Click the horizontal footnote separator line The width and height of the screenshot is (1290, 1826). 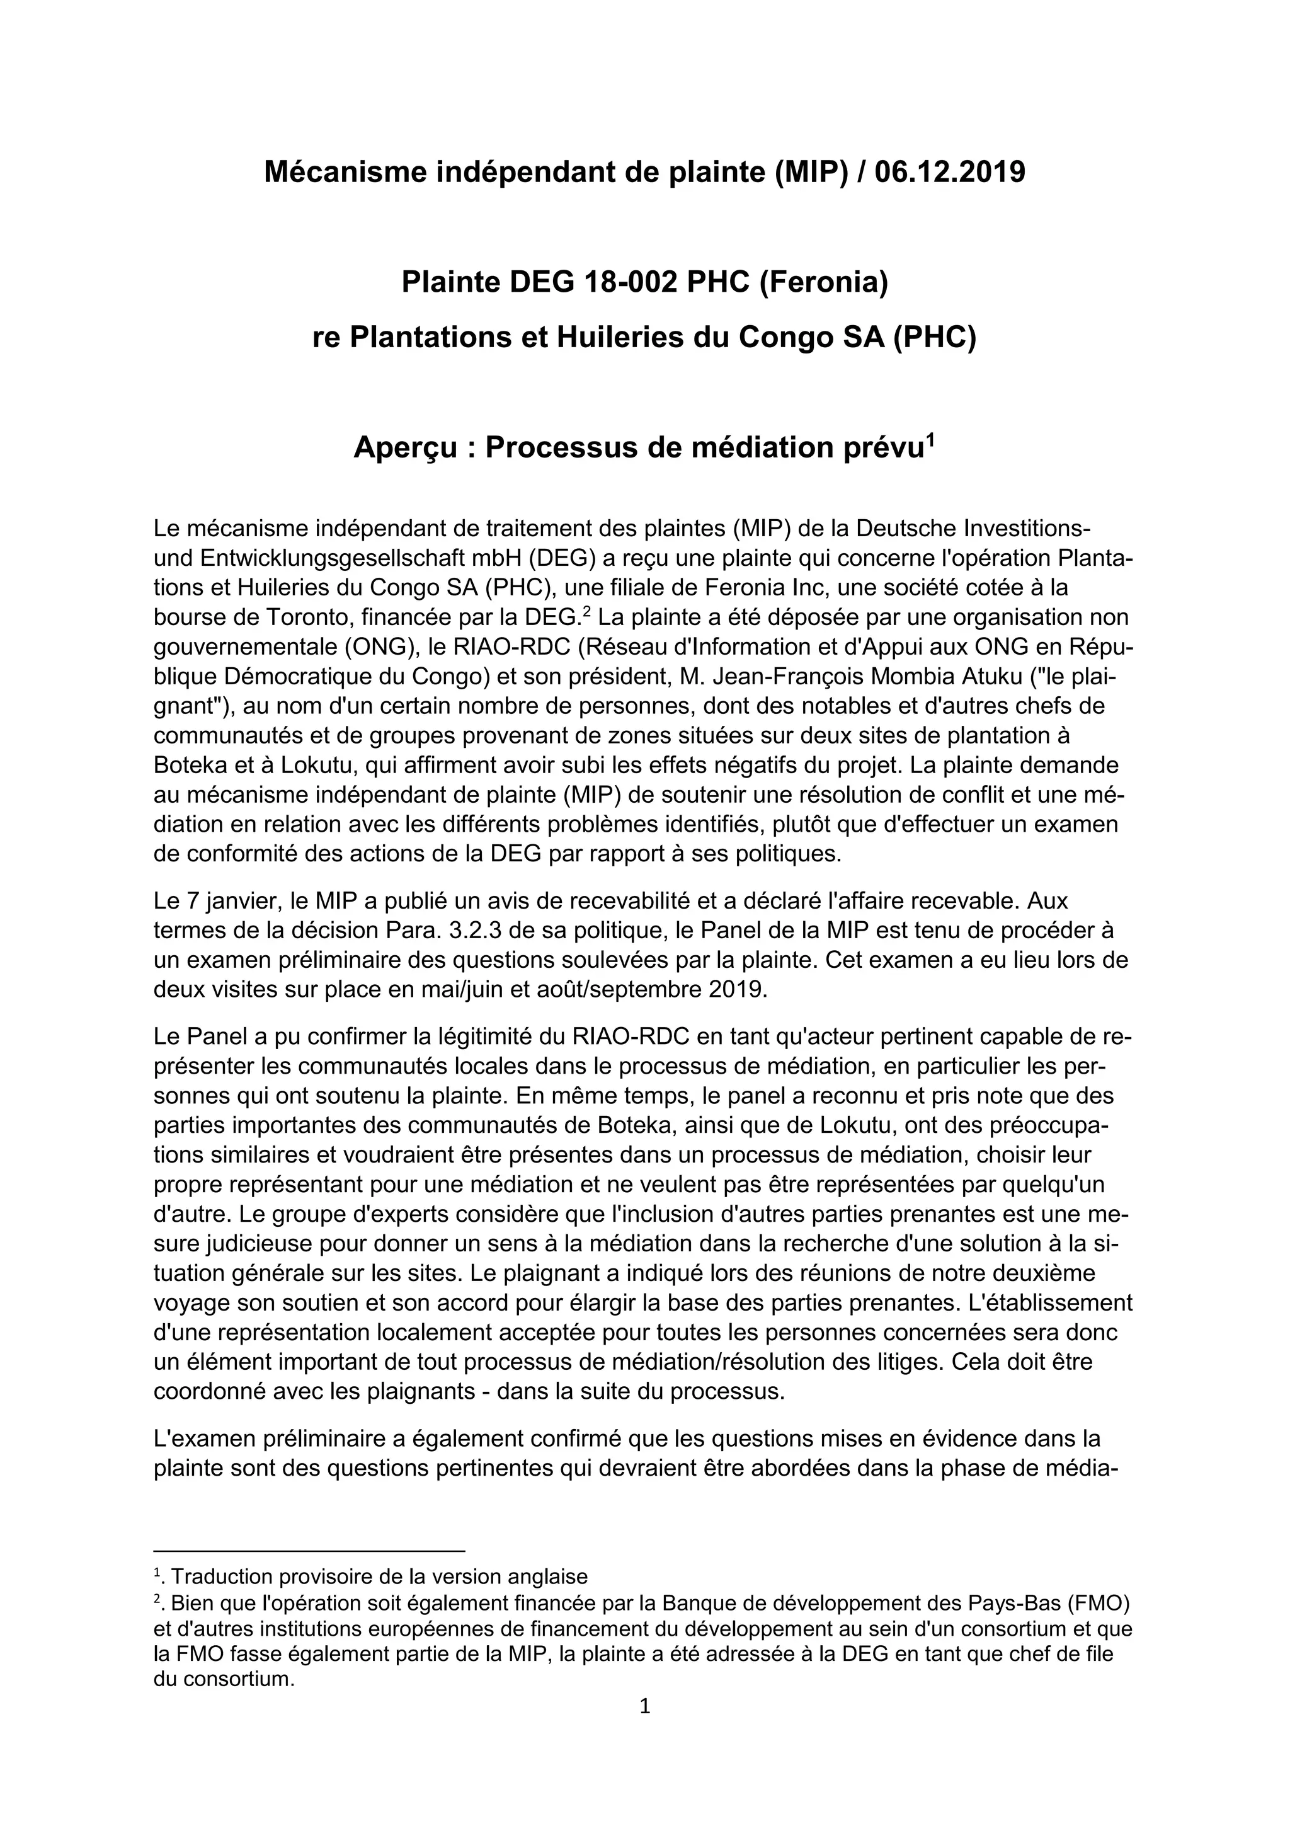[x=309, y=1550]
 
